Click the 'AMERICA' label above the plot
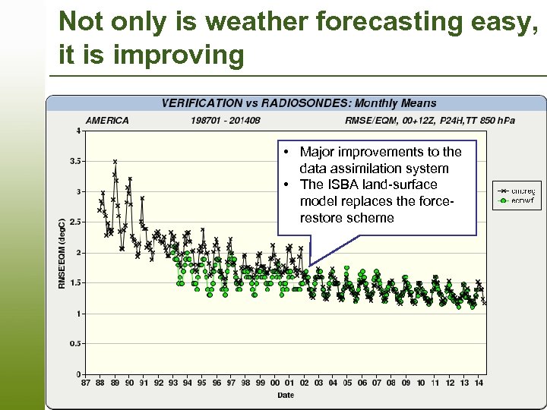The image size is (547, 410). tap(107, 120)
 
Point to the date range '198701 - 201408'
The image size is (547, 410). tap(226, 120)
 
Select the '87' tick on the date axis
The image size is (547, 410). tap(86, 383)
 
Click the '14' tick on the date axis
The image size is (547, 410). tap(479, 383)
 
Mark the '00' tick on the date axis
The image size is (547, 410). tap(275, 383)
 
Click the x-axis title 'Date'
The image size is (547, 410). tap(285, 395)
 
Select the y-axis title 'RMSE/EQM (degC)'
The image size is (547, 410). tap(62, 253)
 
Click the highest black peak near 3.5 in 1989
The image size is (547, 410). tap(115, 162)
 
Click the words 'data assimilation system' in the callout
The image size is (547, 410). tap(374, 169)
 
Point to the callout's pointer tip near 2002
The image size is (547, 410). tap(310, 265)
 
